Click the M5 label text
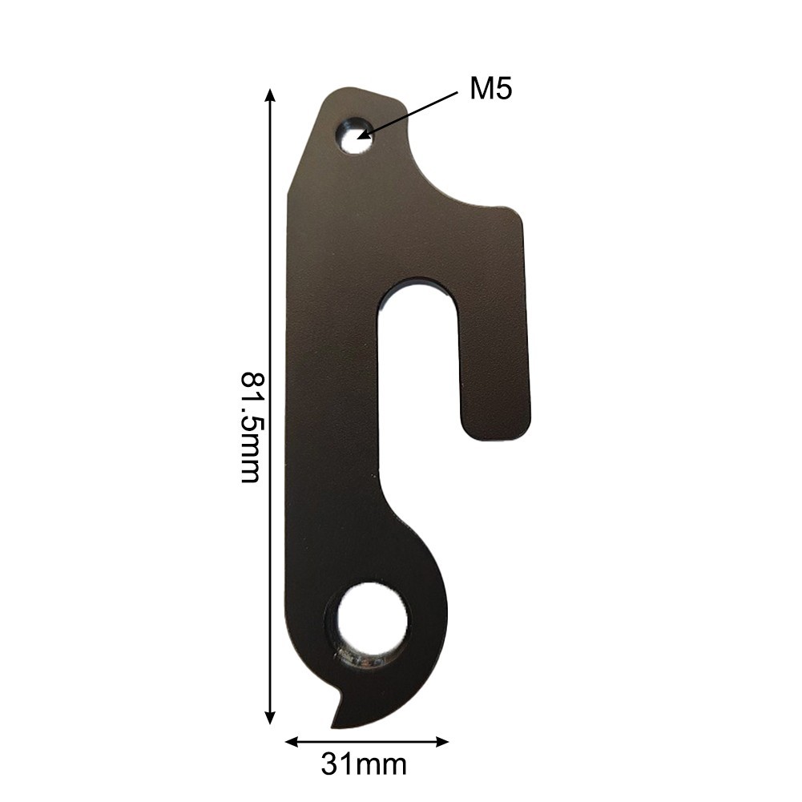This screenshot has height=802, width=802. click(x=490, y=89)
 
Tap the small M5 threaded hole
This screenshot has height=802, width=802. click(x=353, y=135)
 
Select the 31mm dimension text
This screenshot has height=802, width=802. click(x=364, y=764)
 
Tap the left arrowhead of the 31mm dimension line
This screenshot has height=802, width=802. click(x=293, y=741)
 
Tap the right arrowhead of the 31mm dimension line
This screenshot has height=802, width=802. click(x=440, y=741)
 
